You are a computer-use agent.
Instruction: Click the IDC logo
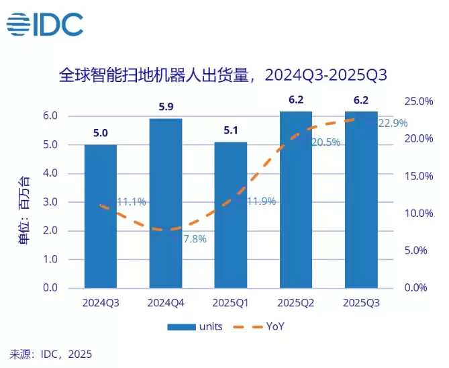[45, 24]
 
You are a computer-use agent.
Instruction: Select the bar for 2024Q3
[101, 216]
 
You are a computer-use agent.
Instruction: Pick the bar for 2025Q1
[231, 214]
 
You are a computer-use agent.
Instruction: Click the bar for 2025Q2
[296, 199]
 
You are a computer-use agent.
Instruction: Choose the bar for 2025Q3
[361, 199]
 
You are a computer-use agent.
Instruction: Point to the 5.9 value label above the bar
[166, 107]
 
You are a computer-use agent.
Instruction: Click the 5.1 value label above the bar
[231, 130]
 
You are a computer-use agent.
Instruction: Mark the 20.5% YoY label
[324, 142]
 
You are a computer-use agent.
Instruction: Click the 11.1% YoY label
[132, 201]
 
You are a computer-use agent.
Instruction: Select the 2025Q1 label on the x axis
[231, 303]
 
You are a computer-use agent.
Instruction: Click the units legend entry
[191, 327]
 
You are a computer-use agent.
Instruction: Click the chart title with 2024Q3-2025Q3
[223, 74]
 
